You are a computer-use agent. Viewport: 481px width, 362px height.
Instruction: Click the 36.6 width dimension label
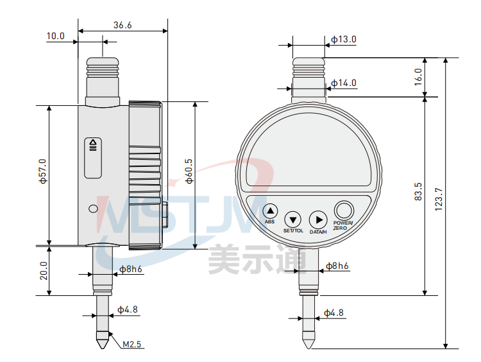(x=122, y=25)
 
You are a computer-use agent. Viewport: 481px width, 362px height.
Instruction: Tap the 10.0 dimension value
(x=56, y=36)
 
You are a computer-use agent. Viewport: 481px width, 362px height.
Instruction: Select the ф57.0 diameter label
(x=42, y=171)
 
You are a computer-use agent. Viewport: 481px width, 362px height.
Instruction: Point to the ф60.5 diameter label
(x=189, y=171)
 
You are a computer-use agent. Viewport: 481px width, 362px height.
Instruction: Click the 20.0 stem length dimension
(x=44, y=270)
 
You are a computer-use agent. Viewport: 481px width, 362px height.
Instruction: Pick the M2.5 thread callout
(x=131, y=344)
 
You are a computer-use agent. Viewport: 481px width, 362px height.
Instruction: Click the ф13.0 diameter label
(x=344, y=39)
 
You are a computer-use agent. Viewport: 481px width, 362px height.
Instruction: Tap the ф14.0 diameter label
(x=344, y=83)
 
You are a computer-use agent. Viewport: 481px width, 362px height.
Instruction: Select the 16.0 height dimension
(x=418, y=77)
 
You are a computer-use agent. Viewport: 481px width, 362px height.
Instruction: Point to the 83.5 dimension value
(x=418, y=192)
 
